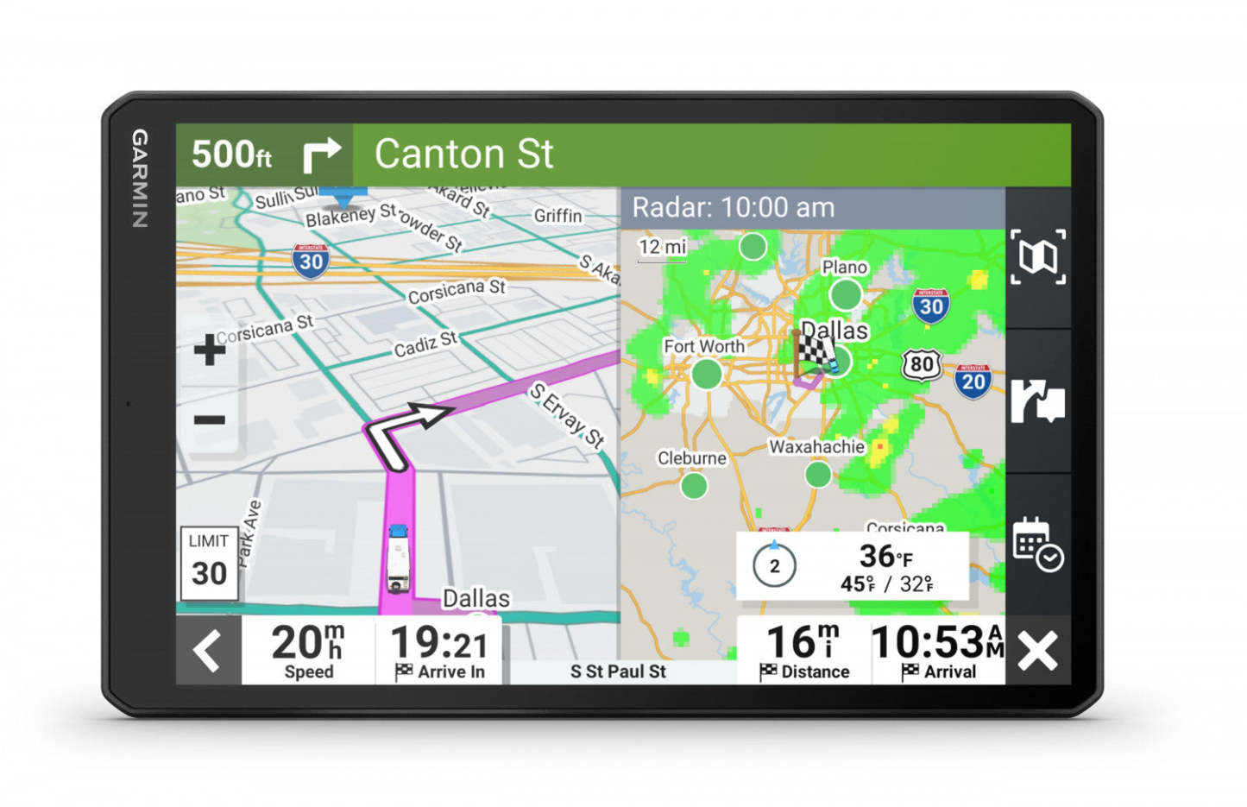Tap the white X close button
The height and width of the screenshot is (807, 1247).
(1037, 651)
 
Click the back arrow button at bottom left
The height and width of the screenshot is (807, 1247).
(208, 651)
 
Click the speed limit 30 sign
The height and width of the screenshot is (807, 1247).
(209, 564)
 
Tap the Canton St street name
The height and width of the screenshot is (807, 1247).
(463, 154)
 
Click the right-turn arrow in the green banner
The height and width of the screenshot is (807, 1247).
(322, 155)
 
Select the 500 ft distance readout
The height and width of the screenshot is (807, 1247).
(231, 155)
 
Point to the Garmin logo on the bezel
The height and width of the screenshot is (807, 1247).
(139, 179)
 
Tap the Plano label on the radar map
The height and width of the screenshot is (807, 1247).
(844, 268)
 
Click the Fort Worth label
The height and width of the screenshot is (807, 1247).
(703, 346)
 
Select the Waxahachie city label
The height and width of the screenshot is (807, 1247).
(816, 446)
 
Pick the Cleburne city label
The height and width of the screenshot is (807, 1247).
(691, 458)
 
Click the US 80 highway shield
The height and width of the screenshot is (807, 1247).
(922, 364)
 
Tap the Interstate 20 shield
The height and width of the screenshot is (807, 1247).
(973, 381)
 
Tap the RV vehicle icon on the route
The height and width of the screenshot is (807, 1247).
(398, 558)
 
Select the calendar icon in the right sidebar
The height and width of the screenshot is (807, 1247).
(1036, 544)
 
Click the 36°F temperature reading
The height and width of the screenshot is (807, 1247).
(885, 557)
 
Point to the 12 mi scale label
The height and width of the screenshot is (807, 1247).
(662, 247)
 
